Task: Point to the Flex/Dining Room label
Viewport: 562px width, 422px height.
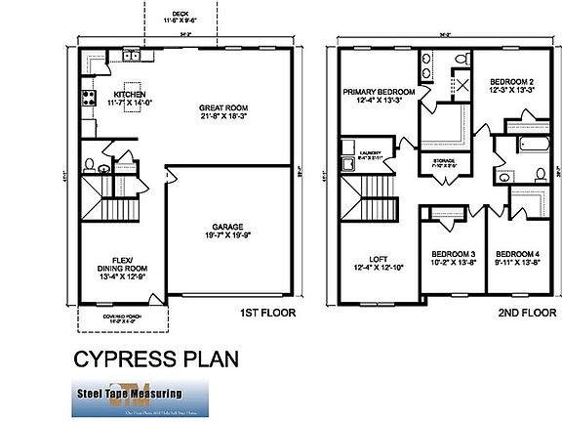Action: pos(122,268)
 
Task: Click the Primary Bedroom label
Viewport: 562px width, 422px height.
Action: pos(379,93)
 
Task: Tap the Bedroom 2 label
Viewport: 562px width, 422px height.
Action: pos(511,84)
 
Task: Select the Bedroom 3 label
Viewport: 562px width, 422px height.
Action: pos(452,256)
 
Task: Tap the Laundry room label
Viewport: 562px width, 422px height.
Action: pos(368,154)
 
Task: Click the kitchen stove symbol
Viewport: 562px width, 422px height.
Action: pos(87,97)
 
